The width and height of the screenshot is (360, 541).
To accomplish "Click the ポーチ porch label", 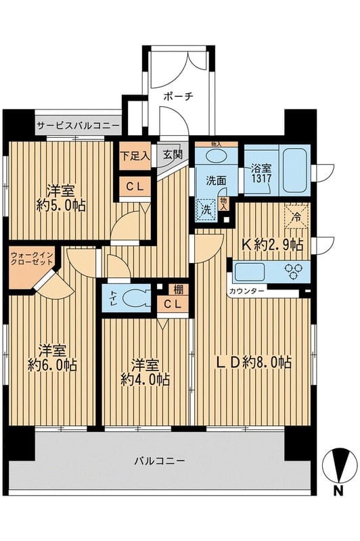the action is (178, 96).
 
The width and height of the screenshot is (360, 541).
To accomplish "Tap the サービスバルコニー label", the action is (78, 126).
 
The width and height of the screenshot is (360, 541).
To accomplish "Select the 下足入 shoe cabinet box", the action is (135, 156).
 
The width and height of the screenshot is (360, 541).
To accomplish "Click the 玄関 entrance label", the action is (172, 155).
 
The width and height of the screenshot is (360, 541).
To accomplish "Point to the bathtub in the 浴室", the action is (296, 170).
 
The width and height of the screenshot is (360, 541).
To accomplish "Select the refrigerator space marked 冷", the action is (296, 216).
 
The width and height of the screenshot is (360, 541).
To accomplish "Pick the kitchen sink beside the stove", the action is (249, 272).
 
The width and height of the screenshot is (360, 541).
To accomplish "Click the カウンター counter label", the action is (247, 291).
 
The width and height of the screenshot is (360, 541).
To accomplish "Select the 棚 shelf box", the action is (178, 289).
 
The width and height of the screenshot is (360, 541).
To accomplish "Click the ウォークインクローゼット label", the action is (32, 258).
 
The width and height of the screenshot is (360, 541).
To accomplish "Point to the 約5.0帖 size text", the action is (61, 206).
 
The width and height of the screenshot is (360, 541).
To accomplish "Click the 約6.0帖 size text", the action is (52, 364).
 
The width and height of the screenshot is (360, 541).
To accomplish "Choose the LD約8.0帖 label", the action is (254, 362).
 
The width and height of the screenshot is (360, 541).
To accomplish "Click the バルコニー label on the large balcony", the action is (160, 461).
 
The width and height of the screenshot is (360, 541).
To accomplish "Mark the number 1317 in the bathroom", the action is (261, 179).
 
